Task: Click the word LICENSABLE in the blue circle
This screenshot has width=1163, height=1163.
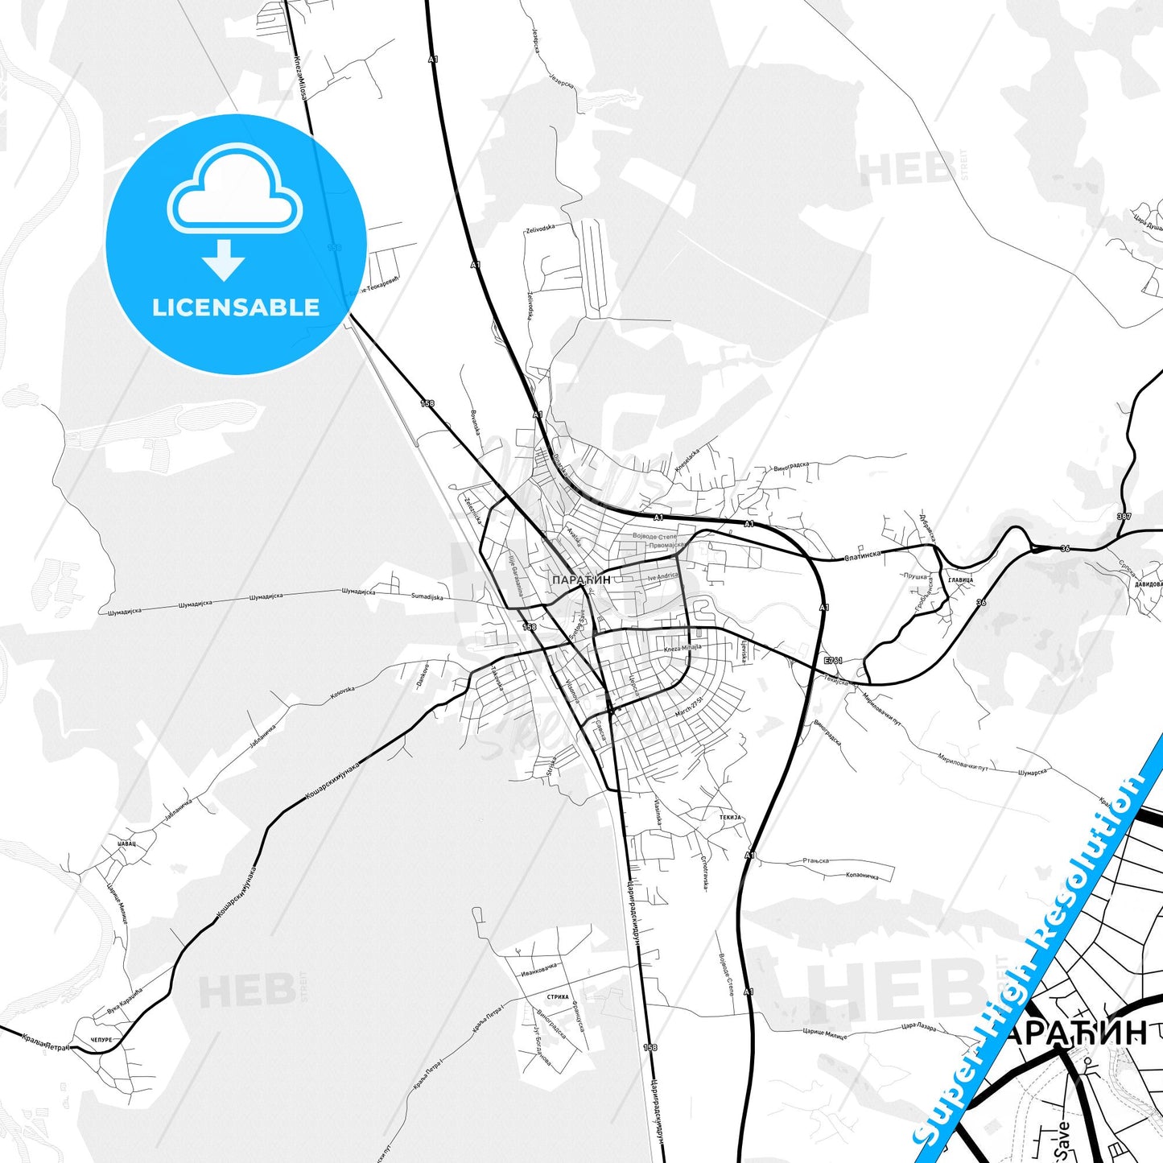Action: pyautogui.click(x=236, y=307)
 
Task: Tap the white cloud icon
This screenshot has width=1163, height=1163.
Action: pyautogui.click(x=235, y=191)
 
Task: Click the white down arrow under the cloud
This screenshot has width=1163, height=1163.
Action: pyautogui.click(x=224, y=260)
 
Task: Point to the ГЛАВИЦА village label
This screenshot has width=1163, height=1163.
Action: pyautogui.click(x=961, y=579)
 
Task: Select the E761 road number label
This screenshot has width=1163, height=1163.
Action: pyautogui.click(x=833, y=661)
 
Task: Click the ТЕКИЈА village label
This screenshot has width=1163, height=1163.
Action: pyautogui.click(x=730, y=817)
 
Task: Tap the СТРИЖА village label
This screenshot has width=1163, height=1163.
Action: pyautogui.click(x=558, y=996)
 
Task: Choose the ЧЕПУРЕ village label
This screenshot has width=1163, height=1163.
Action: pyautogui.click(x=101, y=1040)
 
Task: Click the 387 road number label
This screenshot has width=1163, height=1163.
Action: pyautogui.click(x=1124, y=516)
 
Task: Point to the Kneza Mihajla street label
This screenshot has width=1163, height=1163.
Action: pyautogui.click(x=683, y=647)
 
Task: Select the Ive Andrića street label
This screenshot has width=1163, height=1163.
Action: pyautogui.click(x=662, y=576)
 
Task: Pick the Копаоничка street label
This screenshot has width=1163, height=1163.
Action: pyautogui.click(x=861, y=875)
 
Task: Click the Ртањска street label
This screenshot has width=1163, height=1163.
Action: pyautogui.click(x=815, y=861)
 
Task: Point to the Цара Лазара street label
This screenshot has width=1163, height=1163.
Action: pyautogui.click(x=918, y=1027)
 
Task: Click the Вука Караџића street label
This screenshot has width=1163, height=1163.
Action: pyautogui.click(x=124, y=999)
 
